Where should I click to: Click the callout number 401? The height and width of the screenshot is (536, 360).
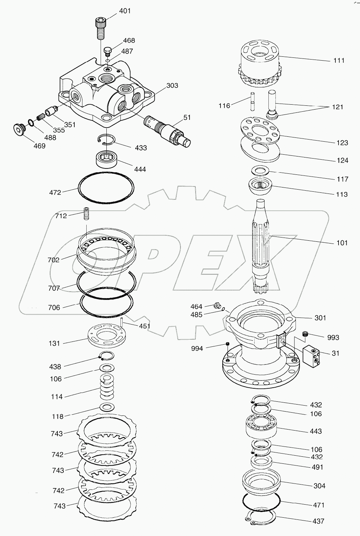[x=125, y=11]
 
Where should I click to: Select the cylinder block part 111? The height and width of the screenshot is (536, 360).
[x=259, y=64]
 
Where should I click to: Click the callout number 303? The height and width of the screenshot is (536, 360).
[x=172, y=86]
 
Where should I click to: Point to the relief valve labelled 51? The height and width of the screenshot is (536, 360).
[x=167, y=129]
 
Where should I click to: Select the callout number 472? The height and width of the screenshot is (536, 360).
[x=55, y=193]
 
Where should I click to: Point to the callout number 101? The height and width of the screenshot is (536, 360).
[x=342, y=243]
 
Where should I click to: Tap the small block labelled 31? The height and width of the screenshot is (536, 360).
[x=311, y=357]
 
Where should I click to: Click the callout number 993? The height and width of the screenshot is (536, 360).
[x=333, y=338]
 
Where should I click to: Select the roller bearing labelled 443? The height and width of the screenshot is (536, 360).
[x=262, y=426]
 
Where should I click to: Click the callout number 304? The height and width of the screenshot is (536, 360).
[x=319, y=486]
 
